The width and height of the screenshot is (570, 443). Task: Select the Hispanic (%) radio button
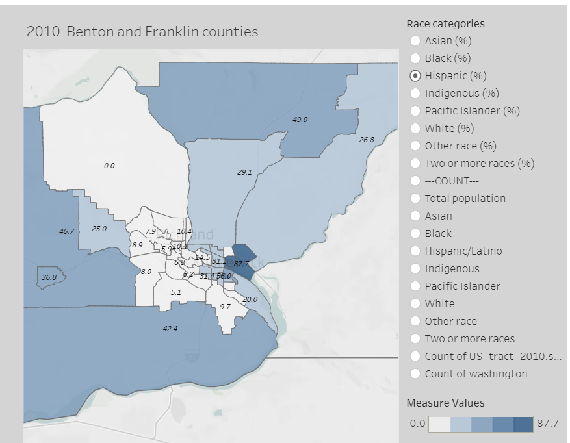tap(415, 76)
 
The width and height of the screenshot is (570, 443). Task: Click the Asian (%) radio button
tap(415, 41)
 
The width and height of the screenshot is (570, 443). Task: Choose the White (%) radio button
tap(415, 129)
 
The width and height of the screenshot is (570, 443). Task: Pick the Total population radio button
tap(415, 199)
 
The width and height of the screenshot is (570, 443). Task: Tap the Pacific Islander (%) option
tap(415, 111)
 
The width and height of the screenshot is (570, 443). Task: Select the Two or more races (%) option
tap(415, 164)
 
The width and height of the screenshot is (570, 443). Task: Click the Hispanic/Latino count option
tap(415, 251)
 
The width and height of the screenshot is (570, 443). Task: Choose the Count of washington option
tap(415, 374)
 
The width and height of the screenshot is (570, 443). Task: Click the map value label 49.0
tap(300, 120)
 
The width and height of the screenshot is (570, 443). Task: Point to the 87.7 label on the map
tap(241, 263)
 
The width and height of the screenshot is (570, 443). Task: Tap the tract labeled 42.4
tap(170, 329)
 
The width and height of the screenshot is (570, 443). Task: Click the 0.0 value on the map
tap(109, 166)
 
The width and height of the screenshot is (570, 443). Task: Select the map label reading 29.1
tap(244, 172)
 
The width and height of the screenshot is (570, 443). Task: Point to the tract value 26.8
tap(367, 140)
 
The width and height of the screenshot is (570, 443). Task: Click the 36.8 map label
tap(49, 277)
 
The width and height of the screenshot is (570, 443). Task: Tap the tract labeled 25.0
tap(99, 229)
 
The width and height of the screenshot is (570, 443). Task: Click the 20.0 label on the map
tap(250, 299)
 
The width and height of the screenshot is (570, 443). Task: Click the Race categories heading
tap(445, 24)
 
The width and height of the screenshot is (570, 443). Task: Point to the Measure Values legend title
tap(445, 403)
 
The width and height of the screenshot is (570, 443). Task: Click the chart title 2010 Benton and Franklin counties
tap(142, 32)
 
